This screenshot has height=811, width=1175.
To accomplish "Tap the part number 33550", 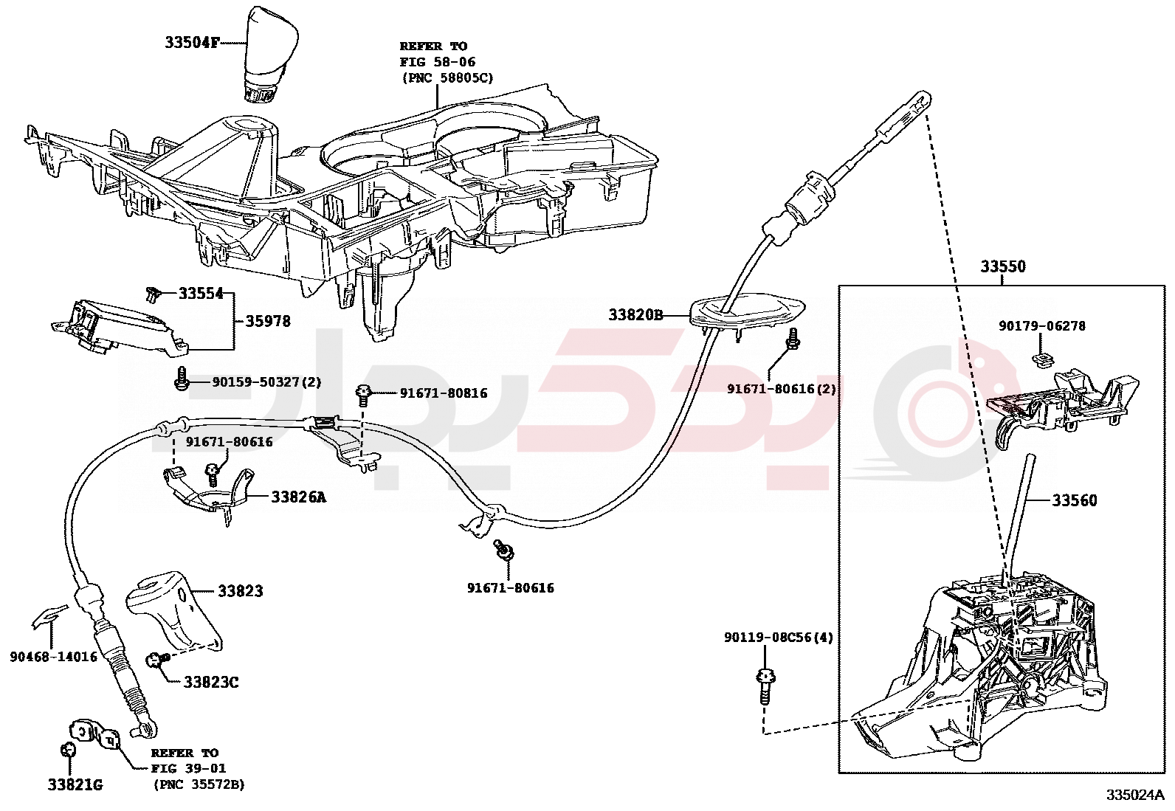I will [1002, 266].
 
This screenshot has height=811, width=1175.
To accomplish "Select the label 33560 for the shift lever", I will [1074, 500].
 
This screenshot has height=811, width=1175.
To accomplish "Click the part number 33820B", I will [635, 315].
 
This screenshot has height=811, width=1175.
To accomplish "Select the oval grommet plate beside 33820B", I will [745, 311].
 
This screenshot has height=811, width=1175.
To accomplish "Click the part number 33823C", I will [211, 682].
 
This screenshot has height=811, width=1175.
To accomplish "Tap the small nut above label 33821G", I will [68, 750].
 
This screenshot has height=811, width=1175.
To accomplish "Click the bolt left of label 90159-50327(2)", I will [181, 381].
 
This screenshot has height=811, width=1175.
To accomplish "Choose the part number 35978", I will [267, 321].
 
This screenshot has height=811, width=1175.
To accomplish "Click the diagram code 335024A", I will [1134, 795].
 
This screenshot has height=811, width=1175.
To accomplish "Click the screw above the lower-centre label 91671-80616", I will [505, 551].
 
